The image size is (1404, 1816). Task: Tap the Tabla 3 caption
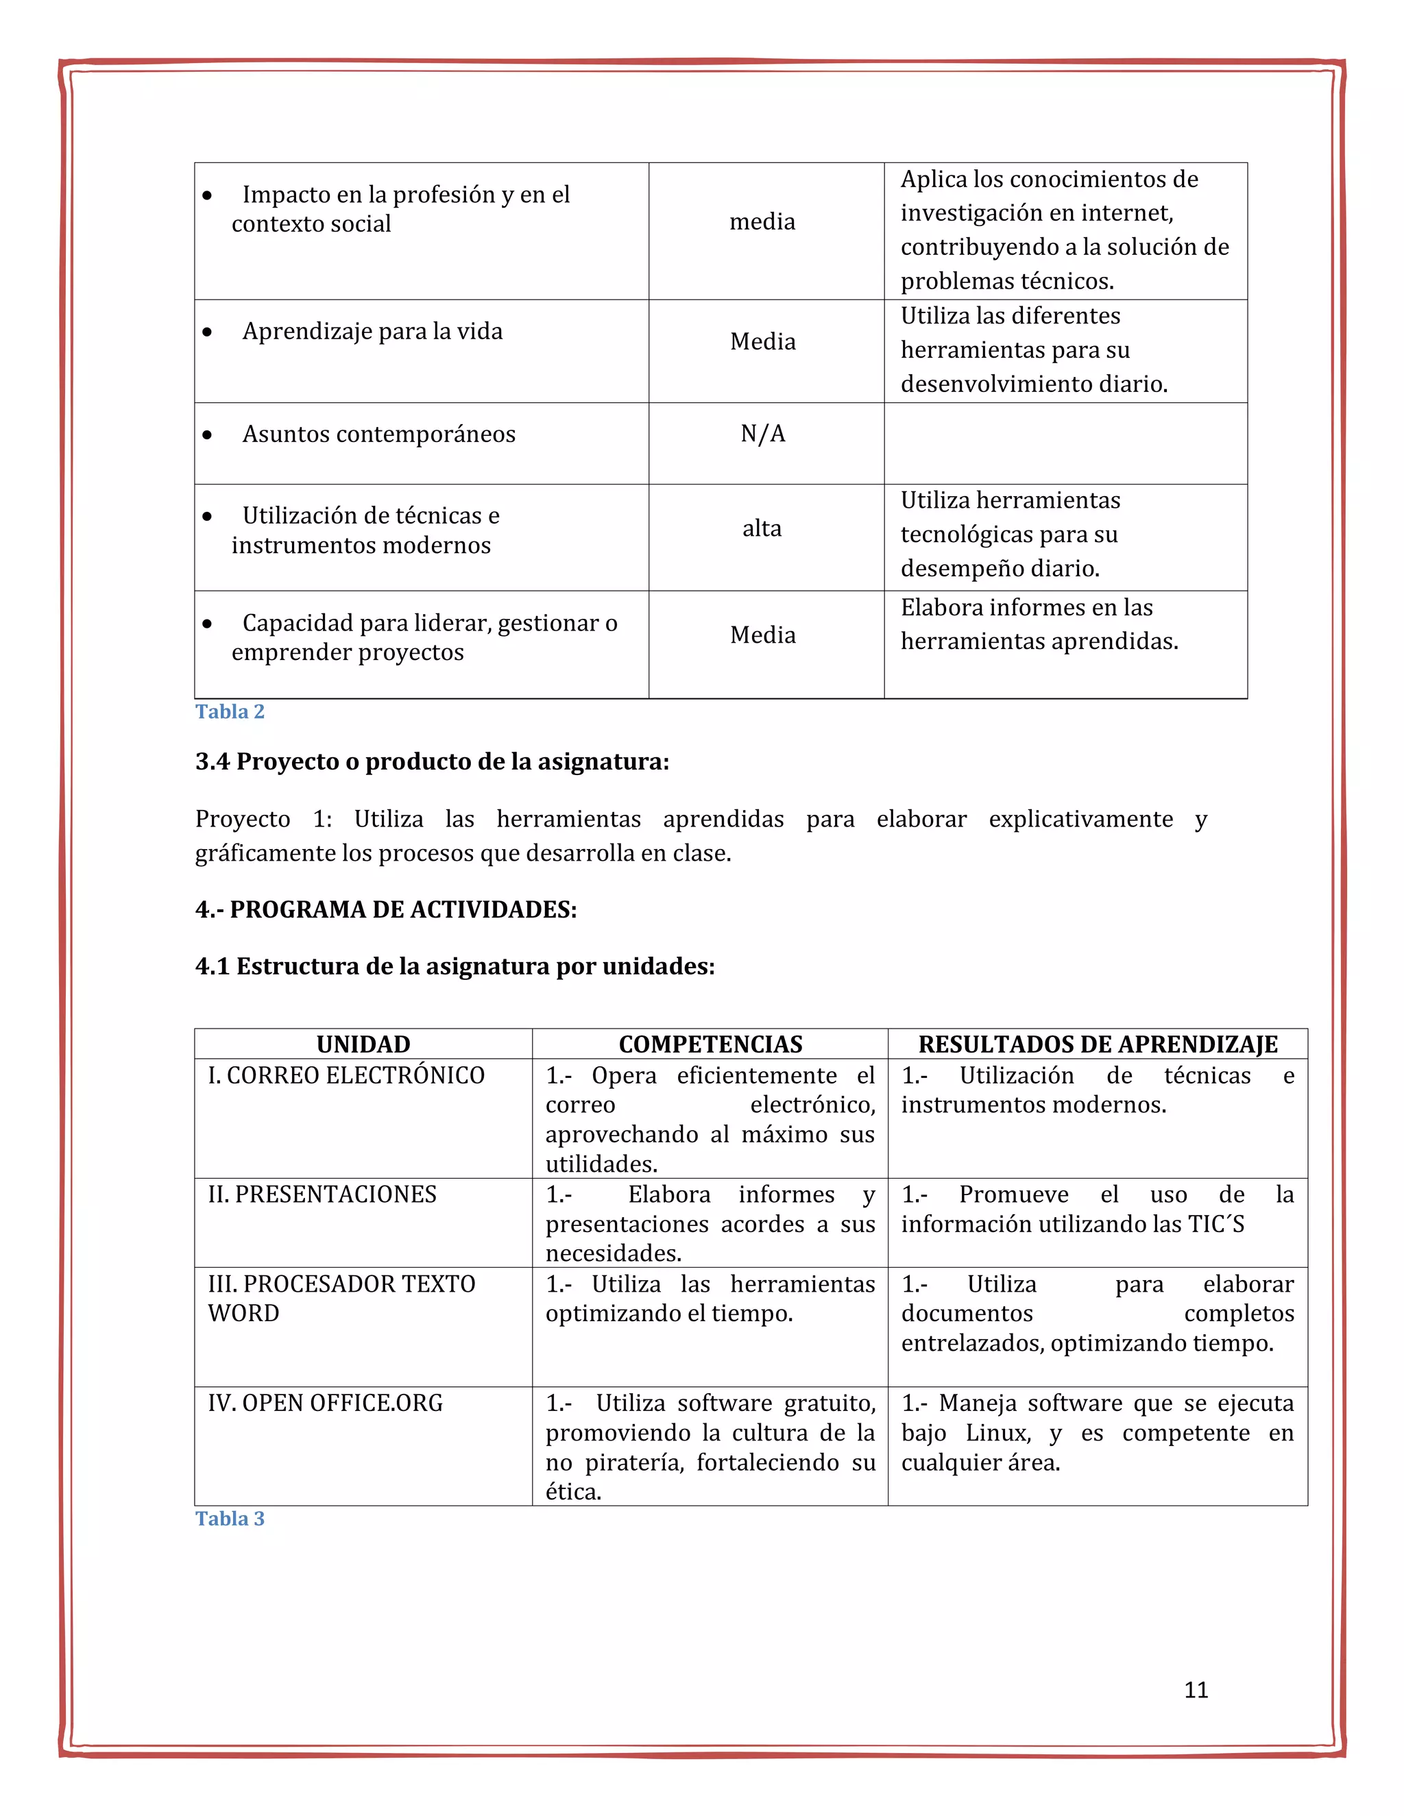click(230, 1519)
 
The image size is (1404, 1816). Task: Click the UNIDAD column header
click(363, 1044)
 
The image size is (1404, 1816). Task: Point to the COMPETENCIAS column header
click(710, 1044)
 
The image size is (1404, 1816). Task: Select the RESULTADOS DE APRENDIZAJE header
click(1097, 1044)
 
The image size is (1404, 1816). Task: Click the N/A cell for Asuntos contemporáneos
click(763, 433)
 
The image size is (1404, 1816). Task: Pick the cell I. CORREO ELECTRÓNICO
click(346, 1075)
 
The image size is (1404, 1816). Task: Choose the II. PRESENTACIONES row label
click(322, 1194)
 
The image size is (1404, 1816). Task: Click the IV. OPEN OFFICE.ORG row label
click(325, 1403)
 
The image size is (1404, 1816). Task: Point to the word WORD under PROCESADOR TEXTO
click(243, 1313)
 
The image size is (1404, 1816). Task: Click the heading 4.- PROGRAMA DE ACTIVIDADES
click(386, 909)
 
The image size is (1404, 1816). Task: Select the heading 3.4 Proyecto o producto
click(432, 761)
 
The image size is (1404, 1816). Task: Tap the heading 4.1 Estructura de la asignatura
click(455, 966)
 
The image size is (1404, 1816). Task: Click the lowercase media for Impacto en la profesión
click(762, 221)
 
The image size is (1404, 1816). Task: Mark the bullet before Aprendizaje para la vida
click(207, 332)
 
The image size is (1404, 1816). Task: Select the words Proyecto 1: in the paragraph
click(263, 819)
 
